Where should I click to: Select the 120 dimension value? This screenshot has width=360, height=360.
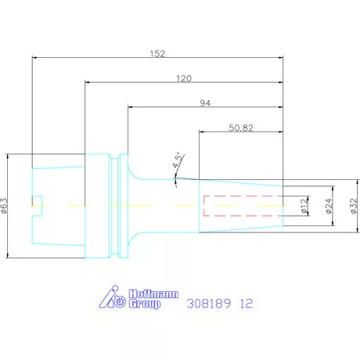[x=184, y=78]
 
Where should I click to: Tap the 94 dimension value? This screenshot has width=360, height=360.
[x=205, y=103]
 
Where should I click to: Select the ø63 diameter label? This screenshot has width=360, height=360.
[x=5, y=205]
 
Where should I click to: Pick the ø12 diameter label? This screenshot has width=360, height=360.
[x=304, y=205]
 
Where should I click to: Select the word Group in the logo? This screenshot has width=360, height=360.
[x=146, y=304]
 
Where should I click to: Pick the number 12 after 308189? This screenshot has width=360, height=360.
[x=247, y=302]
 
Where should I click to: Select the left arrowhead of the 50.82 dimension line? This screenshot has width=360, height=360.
[x=202, y=132]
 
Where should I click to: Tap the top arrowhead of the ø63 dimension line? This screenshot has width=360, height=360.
[x=8, y=156]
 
